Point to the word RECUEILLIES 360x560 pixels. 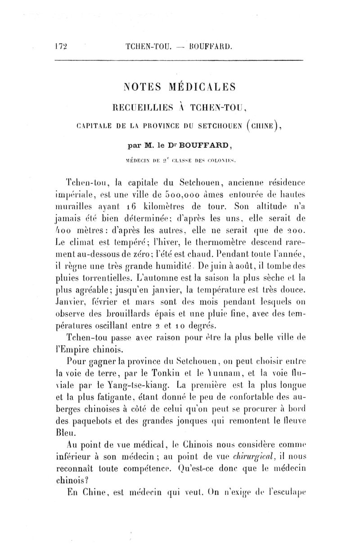(x=139, y=108)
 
